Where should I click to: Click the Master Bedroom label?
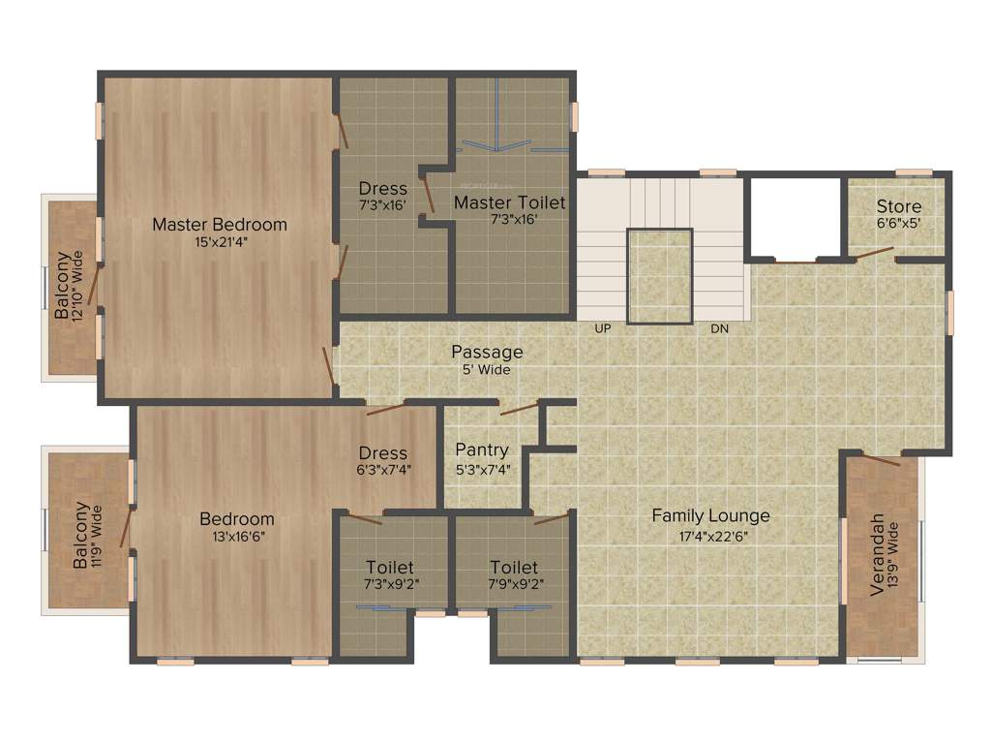[x=220, y=225]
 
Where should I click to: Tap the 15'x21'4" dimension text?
[x=220, y=242]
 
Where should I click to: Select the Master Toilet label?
[x=510, y=202]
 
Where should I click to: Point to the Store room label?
[x=899, y=206]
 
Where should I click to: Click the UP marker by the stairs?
[x=603, y=329]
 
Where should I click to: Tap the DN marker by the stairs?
[x=719, y=329]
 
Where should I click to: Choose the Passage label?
[x=487, y=352]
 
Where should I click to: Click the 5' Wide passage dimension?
[x=487, y=369]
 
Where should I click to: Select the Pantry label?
[x=482, y=449]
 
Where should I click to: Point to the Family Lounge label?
[x=710, y=515]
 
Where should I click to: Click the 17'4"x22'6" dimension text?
[x=710, y=535]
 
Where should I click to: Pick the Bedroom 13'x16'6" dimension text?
[x=237, y=537]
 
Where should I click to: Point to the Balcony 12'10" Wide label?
[x=63, y=287]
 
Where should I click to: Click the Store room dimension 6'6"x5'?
[x=899, y=222]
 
